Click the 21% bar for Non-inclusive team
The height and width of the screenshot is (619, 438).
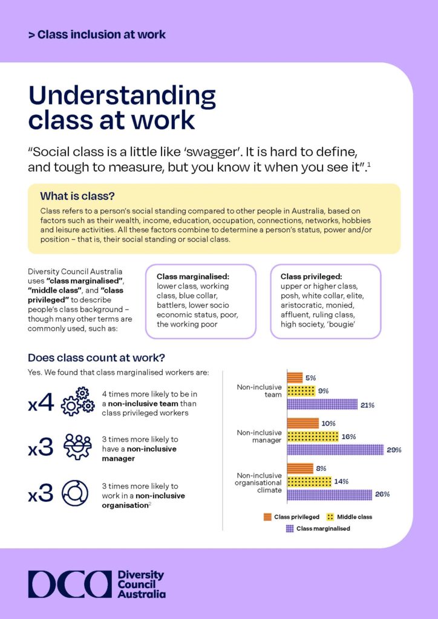pyautogui.click(x=322, y=404)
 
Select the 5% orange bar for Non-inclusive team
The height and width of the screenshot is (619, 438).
pyautogui.click(x=294, y=378)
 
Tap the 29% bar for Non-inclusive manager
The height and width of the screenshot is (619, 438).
pyautogui.click(x=335, y=449)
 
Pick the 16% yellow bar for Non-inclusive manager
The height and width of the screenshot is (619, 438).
pyautogui.click(x=312, y=436)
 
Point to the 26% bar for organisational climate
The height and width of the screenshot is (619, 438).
pyautogui.click(x=329, y=494)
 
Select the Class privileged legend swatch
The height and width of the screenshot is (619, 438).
pyautogui.click(x=267, y=517)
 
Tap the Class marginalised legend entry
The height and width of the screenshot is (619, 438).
pyautogui.click(x=322, y=528)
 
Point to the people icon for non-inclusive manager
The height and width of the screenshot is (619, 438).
pyautogui.click(x=77, y=447)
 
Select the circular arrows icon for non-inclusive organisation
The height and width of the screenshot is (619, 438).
pyautogui.click(x=77, y=493)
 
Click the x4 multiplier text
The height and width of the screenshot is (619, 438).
pyautogui.click(x=41, y=403)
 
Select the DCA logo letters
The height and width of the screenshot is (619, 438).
pyautogui.click(x=69, y=584)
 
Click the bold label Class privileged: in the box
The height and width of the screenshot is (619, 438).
pyautogui.click(x=311, y=276)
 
